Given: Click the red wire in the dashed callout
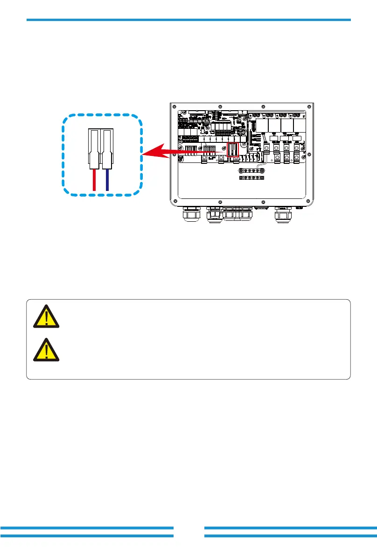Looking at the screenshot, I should point(95,180).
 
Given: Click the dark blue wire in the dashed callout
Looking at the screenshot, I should point(107,180).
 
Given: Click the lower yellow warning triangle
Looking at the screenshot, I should point(46,350).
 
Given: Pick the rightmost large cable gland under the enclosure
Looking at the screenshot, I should point(283,216).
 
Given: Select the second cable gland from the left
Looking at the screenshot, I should point(214,216).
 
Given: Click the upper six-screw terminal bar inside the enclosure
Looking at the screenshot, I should point(251,171).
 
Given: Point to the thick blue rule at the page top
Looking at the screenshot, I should point(188,20).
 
